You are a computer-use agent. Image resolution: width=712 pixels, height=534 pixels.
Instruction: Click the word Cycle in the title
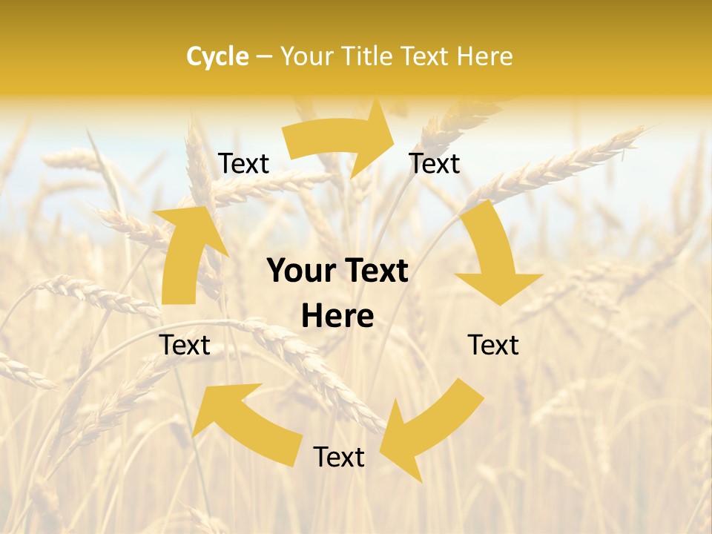[x=217, y=56]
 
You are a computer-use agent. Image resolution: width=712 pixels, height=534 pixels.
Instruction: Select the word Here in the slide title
[x=484, y=56]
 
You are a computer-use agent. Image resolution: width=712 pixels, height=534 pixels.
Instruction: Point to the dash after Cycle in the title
[x=263, y=57]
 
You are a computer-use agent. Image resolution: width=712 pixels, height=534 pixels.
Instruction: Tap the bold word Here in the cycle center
[x=337, y=317]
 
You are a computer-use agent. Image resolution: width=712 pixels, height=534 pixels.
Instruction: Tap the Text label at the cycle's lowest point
[x=339, y=457]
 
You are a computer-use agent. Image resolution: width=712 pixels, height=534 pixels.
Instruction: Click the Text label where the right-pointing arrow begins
[x=244, y=163]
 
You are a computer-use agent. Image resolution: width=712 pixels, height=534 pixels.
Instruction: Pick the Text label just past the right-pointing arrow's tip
[x=435, y=163]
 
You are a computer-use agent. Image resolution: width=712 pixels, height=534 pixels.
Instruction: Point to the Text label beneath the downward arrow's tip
[x=493, y=345]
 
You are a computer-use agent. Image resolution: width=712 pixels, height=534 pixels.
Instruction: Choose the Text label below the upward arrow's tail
[x=185, y=345]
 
